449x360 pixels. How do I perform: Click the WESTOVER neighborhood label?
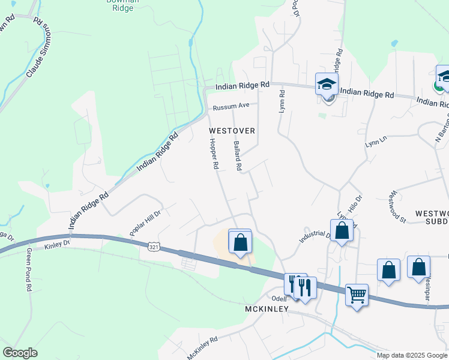pyautogui.click(x=232, y=130)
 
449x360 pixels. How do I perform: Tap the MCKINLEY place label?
pyautogui.click(x=267, y=309)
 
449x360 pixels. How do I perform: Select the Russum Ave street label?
pyautogui.click(x=231, y=107)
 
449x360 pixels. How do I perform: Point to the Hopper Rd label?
pyautogui.click(x=213, y=154)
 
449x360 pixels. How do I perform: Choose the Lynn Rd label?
pyautogui.click(x=281, y=101)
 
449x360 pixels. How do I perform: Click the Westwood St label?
pyautogui.click(x=398, y=207)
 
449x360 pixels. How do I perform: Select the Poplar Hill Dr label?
pyautogui.click(x=146, y=223)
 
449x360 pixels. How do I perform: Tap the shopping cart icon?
pyautogui.click(x=357, y=295)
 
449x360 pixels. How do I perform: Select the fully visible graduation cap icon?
pyautogui.click(x=327, y=84)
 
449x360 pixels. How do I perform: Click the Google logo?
pyautogui.click(x=20, y=352)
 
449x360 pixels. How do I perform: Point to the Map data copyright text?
pyautogui.click(x=412, y=355)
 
